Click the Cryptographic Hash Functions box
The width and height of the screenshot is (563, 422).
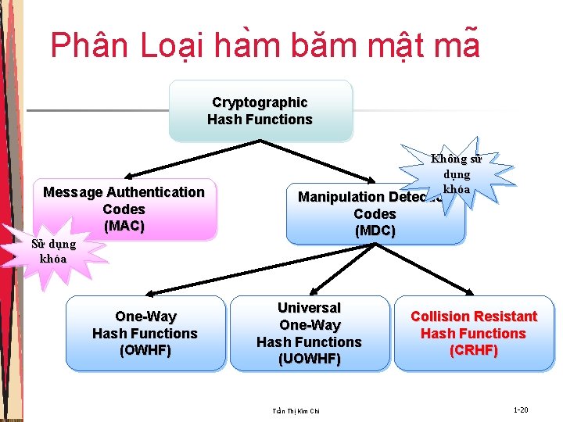pyautogui.click(x=260, y=111)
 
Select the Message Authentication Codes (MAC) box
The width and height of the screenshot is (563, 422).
pyautogui.click(x=124, y=209)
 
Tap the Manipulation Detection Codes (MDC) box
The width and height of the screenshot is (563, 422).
pyautogui.click(x=375, y=214)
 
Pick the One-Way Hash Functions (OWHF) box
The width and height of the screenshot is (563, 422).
pyautogui.click(x=145, y=333)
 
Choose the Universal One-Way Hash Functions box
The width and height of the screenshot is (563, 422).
pyautogui.click(x=309, y=333)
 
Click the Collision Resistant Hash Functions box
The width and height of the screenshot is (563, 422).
pyautogui.click(x=474, y=333)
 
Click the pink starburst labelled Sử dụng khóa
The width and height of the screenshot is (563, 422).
pyautogui.click(x=53, y=251)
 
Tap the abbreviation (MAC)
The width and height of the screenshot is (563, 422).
pyautogui.click(x=124, y=226)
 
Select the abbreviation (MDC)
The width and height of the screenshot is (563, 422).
pyautogui.click(x=375, y=231)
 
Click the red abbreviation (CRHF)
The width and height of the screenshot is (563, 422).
pyautogui.click(x=474, y=350)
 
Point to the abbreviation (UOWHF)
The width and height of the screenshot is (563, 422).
pyautogui.click(x=309, y=359)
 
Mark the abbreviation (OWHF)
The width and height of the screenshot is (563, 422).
pyautogui.click(x=145, y=350)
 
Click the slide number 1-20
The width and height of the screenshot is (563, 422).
pyautogui.click(x=521, y=409)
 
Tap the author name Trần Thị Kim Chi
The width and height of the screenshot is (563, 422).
pyautogui.click(x=296, y=411)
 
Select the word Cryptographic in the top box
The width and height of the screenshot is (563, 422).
pyautogui.click(x=260, y=102)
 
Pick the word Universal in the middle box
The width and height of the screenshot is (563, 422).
pyautogui.click(x=309, y=308)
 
